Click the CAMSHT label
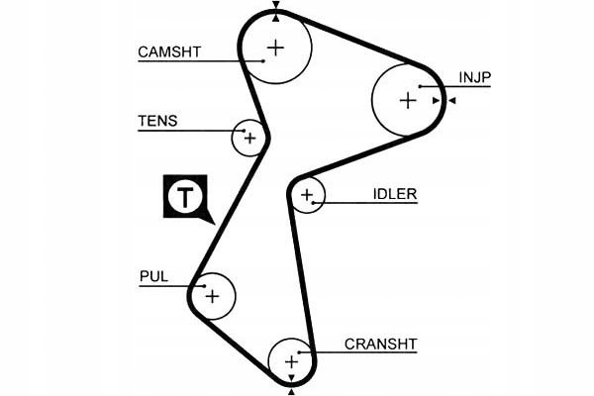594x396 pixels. (169, 51)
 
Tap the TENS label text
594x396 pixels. (157, 121)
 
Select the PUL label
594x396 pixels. (153, 276)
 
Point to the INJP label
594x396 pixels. (474, 77)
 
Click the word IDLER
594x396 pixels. (395, 194)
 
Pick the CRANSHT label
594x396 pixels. (381, 345)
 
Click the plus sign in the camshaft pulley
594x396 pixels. (276, 48)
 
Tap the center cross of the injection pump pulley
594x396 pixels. (408, 101)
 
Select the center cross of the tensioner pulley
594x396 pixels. (249, 139)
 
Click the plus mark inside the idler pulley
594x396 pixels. (307, 195)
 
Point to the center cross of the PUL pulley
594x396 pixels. (213, 296)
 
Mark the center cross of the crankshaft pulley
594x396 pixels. (292, 362)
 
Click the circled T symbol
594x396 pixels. (185, 197)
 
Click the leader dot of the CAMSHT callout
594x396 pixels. (263, 60)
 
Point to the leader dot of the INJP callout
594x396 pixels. (420, 87)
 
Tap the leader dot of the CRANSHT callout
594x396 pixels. (299, 352)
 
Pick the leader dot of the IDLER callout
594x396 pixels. (313, 203)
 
